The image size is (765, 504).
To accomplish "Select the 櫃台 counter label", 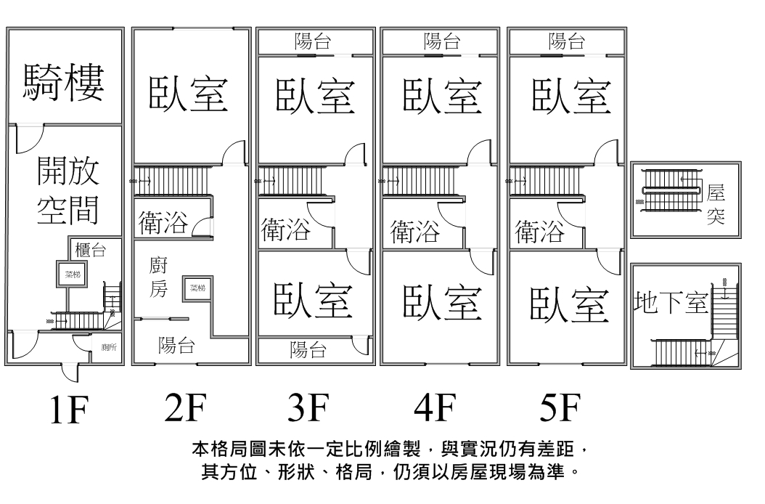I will pyautogui.click(x=91, y=251).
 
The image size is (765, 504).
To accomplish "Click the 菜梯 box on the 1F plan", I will pyautogui.click(x=72, y=274).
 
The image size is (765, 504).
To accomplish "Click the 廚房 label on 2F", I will pyautogui.click(x=159, y=277).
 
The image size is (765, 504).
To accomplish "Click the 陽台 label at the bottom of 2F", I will pyautogui.click(x=177, y=346).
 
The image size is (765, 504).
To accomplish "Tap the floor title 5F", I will pyautogui.click(x=560, y=409).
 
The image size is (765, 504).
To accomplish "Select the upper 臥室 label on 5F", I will pyautogui.click(x=569, y=95).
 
